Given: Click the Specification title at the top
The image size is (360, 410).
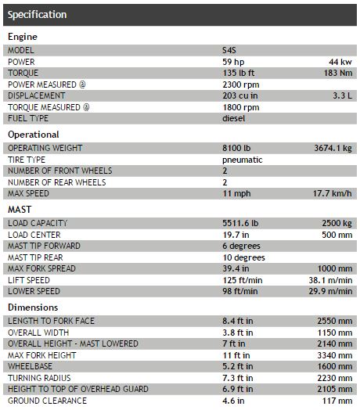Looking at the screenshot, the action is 37,15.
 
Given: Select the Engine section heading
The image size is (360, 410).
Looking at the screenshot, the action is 23,37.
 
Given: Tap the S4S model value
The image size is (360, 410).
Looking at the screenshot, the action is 230,50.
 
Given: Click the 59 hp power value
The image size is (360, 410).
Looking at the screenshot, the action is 233,62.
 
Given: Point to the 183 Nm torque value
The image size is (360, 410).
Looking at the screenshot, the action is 336,73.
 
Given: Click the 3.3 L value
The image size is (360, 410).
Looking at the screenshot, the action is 341,95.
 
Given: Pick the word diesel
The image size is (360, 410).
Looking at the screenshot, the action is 234,119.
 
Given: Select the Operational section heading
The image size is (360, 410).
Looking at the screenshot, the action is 34,135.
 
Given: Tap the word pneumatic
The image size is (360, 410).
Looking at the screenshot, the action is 242,160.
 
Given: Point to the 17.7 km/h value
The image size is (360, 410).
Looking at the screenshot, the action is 331,193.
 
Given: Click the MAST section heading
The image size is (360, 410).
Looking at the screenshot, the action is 20,210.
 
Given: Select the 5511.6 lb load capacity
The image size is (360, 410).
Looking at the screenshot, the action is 242,223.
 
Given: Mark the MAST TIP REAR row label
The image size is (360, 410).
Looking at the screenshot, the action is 36,257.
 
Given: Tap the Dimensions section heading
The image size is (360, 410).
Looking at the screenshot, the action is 32,307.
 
